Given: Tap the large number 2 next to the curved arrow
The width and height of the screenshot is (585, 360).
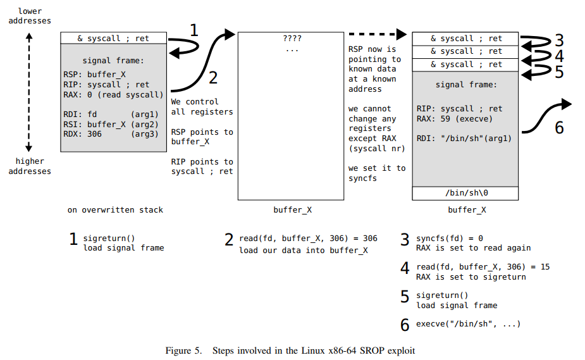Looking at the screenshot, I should click(212, 77).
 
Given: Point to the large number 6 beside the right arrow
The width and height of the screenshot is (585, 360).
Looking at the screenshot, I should click(558, 127).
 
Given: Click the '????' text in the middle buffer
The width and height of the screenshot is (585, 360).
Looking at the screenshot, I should click(292, 39).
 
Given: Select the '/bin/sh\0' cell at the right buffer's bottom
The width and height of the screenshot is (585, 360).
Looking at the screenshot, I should click(466, 194).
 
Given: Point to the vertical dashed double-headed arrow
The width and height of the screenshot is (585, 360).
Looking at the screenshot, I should click(28, 92).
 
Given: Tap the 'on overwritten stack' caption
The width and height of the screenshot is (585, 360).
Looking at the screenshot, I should click(115, 209).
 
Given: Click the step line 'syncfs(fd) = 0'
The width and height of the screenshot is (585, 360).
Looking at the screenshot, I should click(449, 239).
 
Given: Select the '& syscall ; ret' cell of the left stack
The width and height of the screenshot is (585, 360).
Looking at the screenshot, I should click(113, 38).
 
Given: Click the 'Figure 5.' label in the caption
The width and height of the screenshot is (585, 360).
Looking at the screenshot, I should click(183, 350).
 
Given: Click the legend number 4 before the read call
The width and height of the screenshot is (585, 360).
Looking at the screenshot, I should click(405, 268).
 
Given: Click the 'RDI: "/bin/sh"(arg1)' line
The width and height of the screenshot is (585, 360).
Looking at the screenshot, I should click(464, 138).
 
